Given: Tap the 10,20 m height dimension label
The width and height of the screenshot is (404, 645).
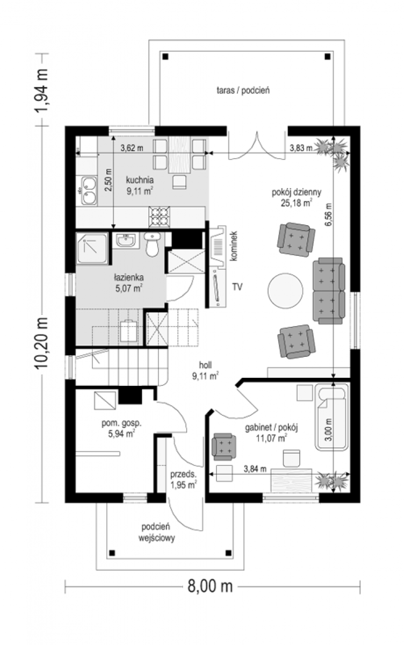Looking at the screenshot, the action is tap(41, 343).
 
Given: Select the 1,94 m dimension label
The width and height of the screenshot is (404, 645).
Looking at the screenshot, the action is tap(41, 90).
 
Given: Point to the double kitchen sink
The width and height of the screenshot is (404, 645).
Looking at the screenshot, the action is tap(89, 190).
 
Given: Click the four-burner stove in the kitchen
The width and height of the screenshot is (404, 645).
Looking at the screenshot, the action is tap(159, 217).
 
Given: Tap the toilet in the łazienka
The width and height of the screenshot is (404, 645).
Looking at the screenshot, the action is tap(152, 244).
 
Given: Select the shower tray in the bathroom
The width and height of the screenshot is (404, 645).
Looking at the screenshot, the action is tap(92, 249).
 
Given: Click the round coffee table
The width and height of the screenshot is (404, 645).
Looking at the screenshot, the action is tap(285, 291).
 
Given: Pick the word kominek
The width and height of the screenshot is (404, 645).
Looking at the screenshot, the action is tap(234, 246).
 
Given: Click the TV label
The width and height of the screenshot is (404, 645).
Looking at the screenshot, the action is tap(237, 287).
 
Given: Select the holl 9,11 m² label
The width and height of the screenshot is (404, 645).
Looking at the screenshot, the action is tap(205, 370).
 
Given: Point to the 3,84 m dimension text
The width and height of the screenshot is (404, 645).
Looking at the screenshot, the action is tap(255, 469).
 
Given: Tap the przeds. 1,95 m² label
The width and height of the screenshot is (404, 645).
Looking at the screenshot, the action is tap(184, 479).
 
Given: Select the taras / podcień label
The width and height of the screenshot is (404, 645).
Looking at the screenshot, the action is tap(243, 90).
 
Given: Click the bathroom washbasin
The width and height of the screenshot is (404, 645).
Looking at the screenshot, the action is tap(126, 240).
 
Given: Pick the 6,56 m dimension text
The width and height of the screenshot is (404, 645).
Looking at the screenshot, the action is tap(329, 214).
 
